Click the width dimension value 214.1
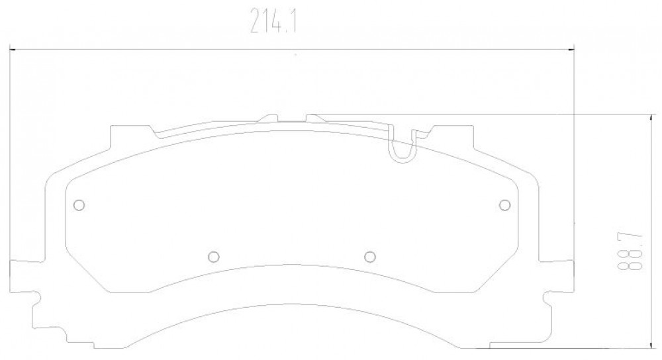273,21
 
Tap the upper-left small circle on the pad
79,205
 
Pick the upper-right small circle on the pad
504,205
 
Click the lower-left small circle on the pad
214,256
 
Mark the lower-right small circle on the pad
370,256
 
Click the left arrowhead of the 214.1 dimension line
13,50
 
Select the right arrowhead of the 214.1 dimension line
571,50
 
